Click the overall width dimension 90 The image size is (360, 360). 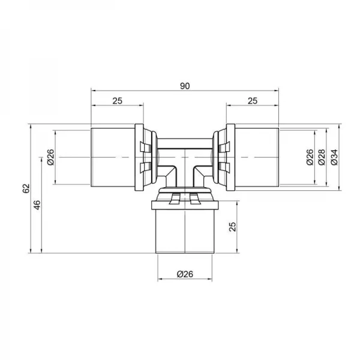pyautogui.click(x=184, y=86)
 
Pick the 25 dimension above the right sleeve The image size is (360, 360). pyautogui.click(x=252, y=101)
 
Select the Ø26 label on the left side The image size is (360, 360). pyautogui.click(x=50, y=157)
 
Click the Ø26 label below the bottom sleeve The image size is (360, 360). pyautogui.click(x=184, y=275)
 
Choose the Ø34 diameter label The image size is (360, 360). pyautogui.click(x=334, y=157)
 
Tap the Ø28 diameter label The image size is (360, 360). pyautogui.click(x=322, y=157)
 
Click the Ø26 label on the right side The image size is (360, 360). pyautogui.click(x=310, y=157)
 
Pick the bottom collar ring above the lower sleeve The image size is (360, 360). pyautogui.click(x=184, y=197)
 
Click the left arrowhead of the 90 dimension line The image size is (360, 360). pyautogui.click(x=94, y=92)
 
